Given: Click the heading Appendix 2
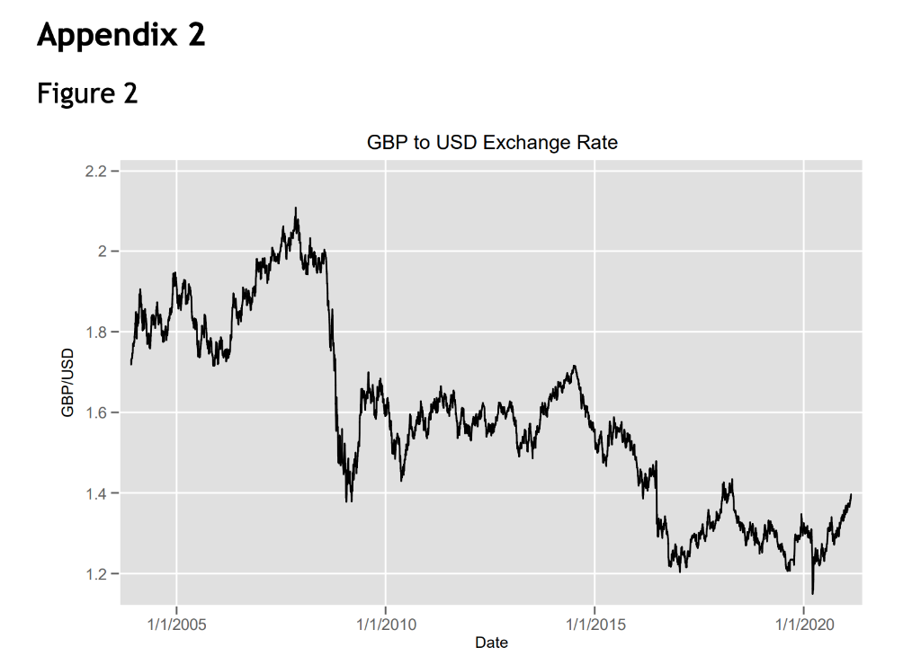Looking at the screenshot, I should tap(121, 35).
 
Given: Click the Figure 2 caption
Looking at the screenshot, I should tap(87, 93).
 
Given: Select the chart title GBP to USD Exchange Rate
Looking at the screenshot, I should tap(492, 142).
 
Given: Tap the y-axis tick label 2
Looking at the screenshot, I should tap(103, 251).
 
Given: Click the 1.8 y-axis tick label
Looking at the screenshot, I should tap(97, 332).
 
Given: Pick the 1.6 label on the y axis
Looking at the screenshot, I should tap(97, 412).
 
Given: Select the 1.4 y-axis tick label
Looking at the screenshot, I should tap(97, 493).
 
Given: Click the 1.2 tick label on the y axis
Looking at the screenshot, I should tap(97, 574).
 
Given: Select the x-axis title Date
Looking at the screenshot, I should tap(491, 643).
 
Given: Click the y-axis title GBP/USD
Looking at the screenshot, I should tap(67, 382).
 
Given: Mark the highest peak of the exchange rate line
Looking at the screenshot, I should tap(296, 208).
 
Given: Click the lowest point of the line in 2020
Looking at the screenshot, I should tap(812, 593).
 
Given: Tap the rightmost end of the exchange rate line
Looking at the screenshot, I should tap(851, 493).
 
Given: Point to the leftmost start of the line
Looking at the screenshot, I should tap(131, 364).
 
